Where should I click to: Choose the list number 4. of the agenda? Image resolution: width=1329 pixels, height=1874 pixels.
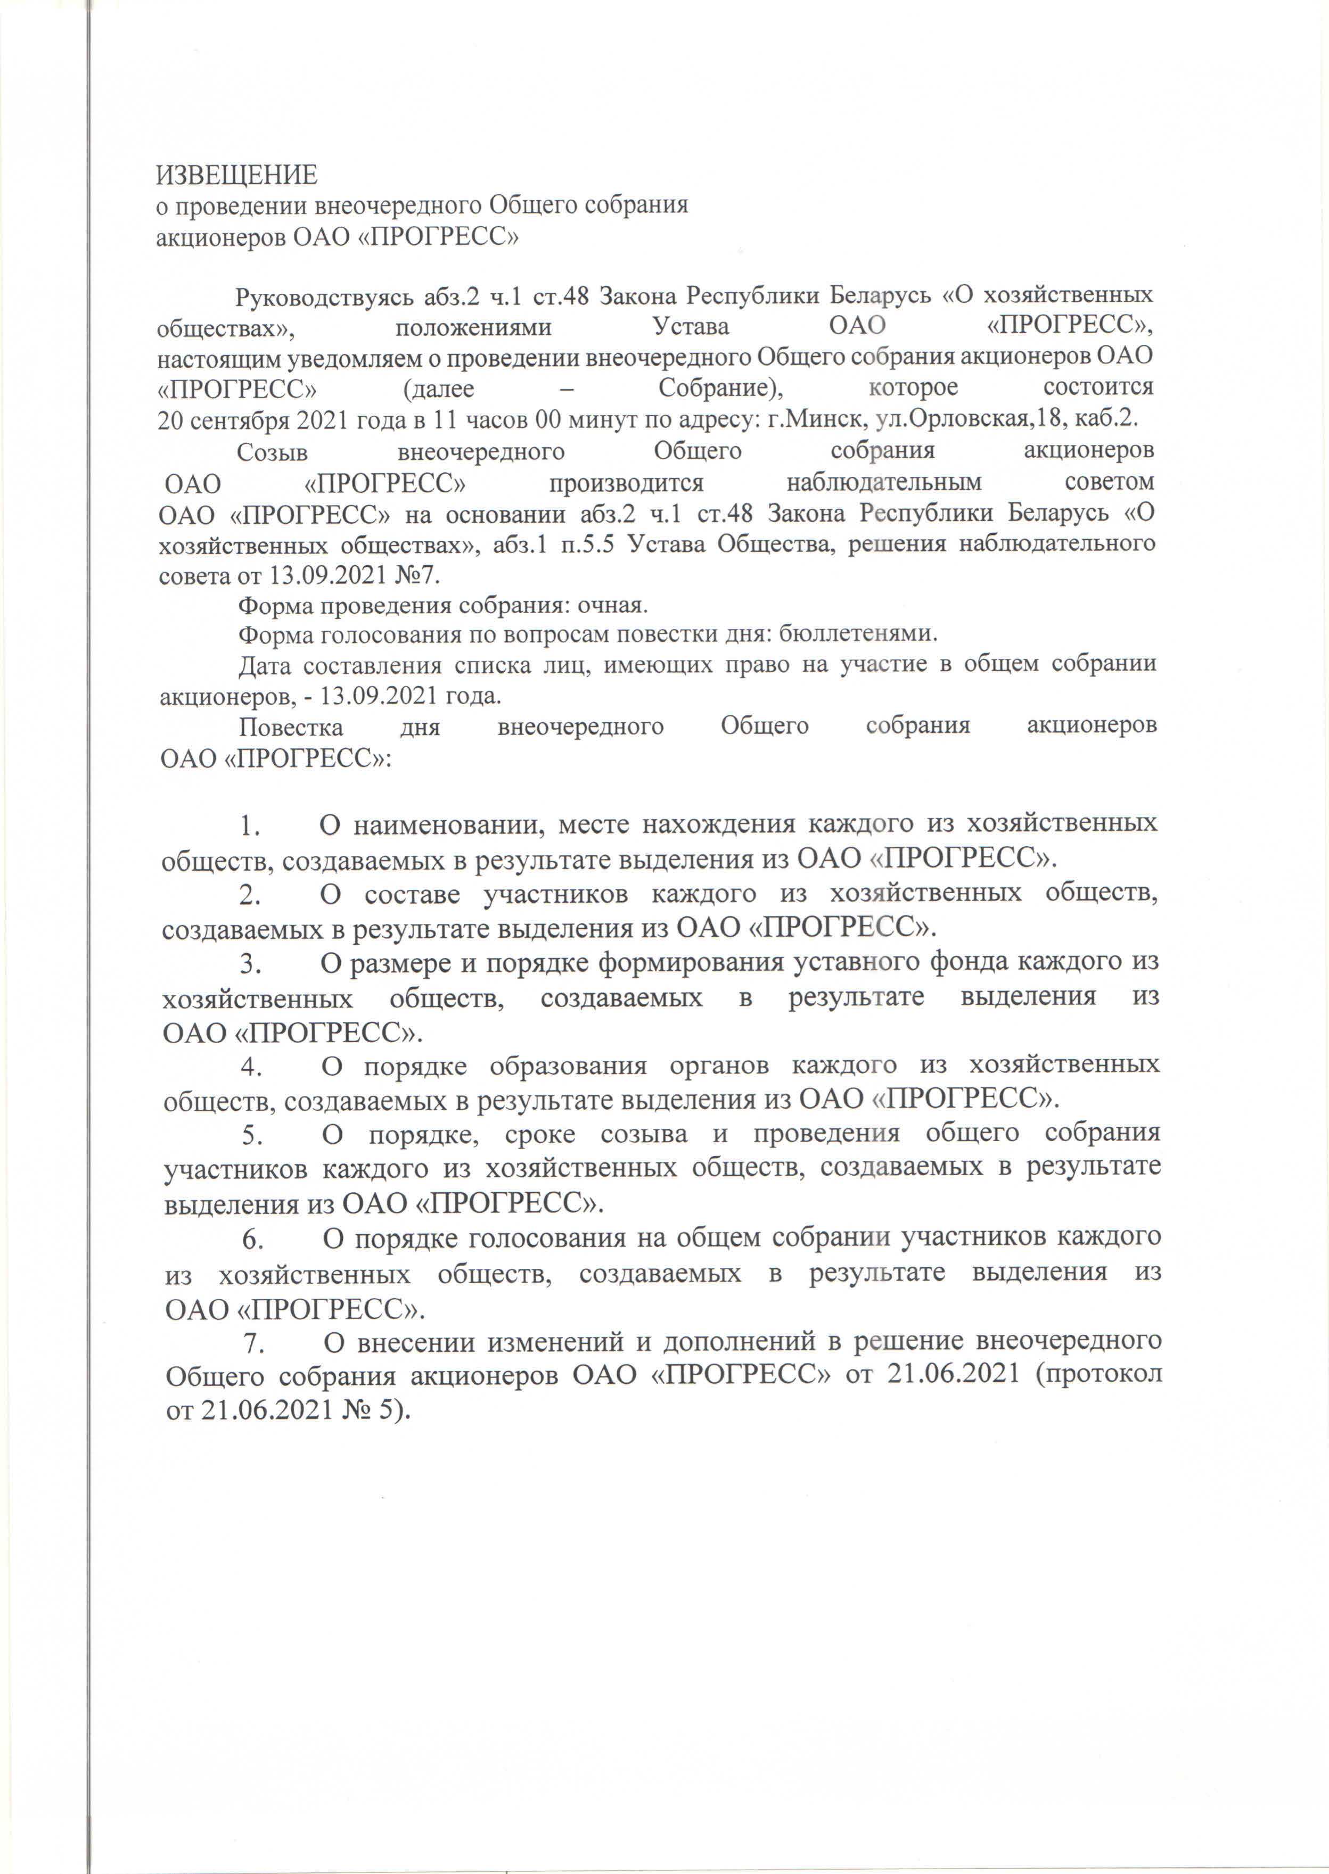click(x=250, y=1066)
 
